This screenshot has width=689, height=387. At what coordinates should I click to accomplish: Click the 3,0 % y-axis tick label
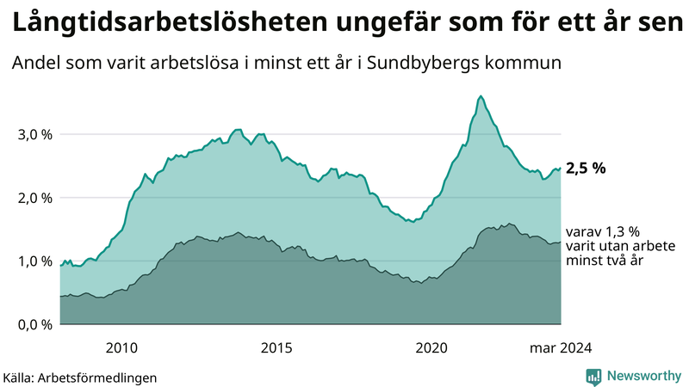tap(35, 134)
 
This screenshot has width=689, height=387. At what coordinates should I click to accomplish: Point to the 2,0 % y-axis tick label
tap(35, 198)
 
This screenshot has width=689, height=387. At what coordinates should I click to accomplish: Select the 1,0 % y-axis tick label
tap(35, 261)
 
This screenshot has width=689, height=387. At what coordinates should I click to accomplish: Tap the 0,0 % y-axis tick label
tap(35, 325)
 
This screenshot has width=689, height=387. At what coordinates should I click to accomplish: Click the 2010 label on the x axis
tap(121, 347)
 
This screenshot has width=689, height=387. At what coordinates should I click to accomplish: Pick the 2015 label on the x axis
tap(276, 347)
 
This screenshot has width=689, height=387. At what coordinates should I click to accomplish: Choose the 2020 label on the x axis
tap(431, 347)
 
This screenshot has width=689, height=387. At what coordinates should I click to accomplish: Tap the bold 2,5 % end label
tap(586, 169)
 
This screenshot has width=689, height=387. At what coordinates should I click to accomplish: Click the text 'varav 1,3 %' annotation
tap(603, 232)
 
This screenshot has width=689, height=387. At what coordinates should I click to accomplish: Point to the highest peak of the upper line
tap(481, 95)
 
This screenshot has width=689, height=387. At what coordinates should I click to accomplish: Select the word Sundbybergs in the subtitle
tap(448, 64)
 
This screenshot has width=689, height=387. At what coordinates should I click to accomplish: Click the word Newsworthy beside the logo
tap(643, 376)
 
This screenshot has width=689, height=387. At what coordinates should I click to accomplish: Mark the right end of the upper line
tap(561, 169)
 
